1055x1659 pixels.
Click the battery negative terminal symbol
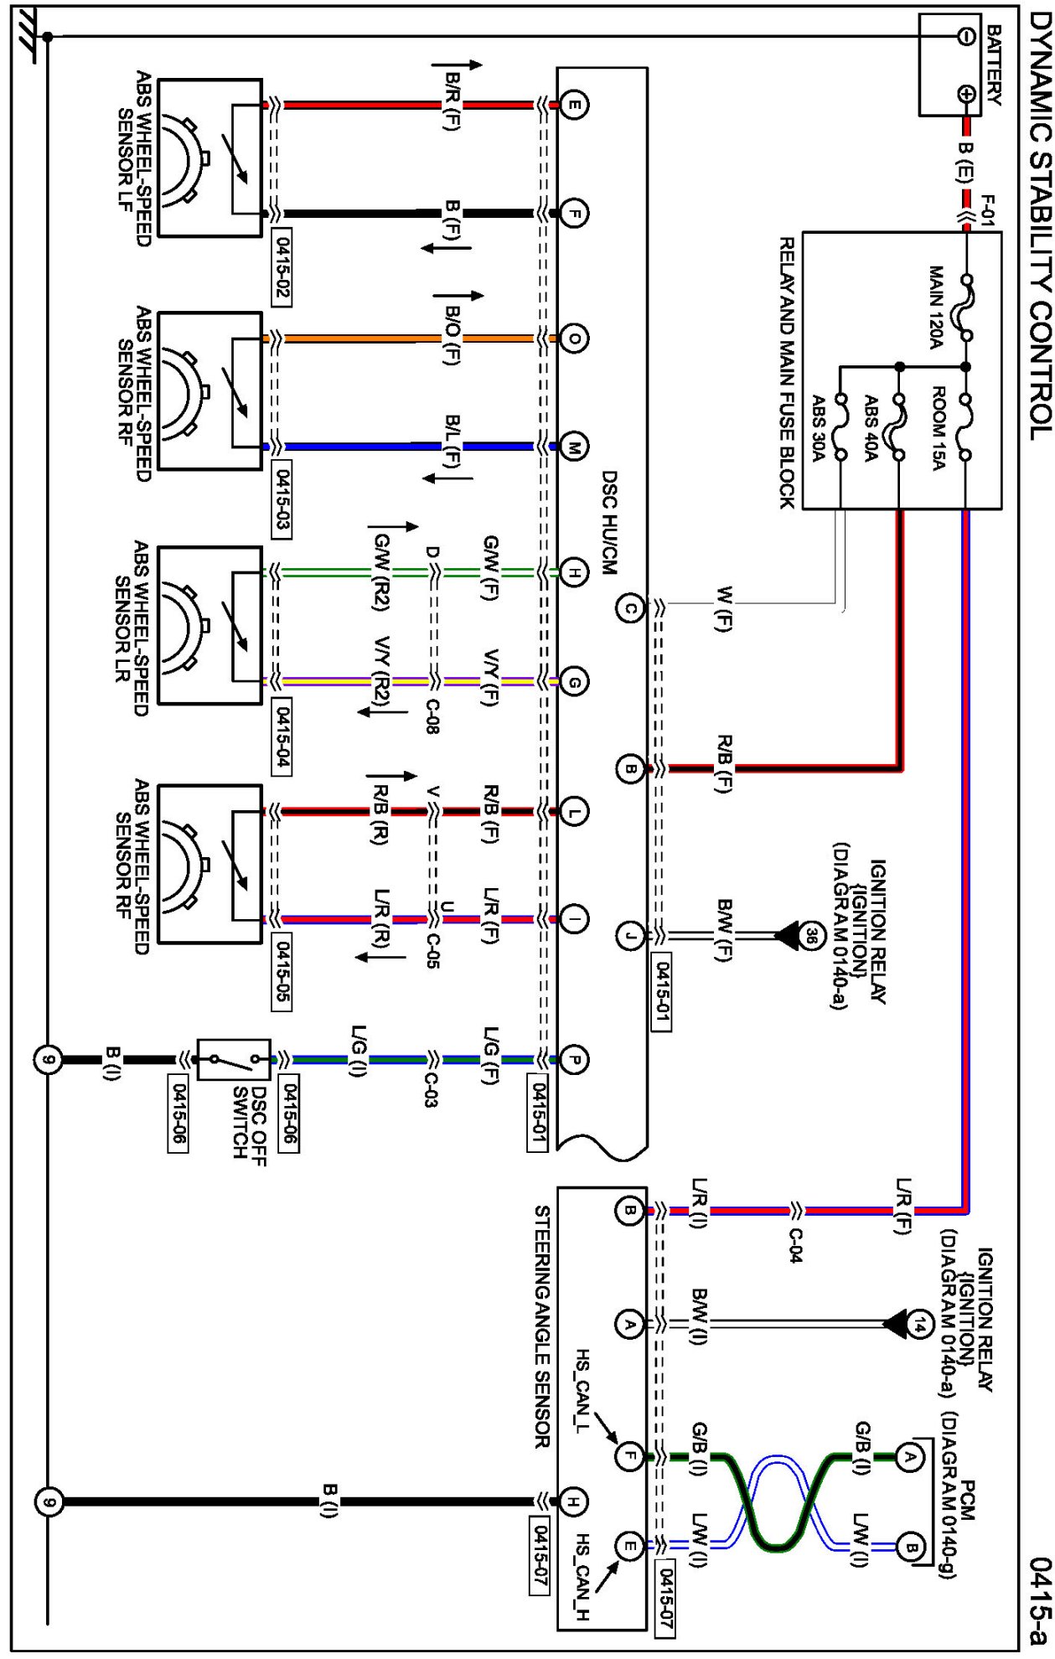coord(965,36)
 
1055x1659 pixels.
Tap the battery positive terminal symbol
coord(965,95)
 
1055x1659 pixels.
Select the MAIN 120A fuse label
coord(936,307)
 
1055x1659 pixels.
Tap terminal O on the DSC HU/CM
coord(574,339)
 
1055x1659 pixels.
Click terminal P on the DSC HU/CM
coord(574,1060)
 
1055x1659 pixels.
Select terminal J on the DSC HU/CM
coord(630,934)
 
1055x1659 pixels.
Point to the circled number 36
coord(810,935)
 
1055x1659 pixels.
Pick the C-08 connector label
coord(431,717)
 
